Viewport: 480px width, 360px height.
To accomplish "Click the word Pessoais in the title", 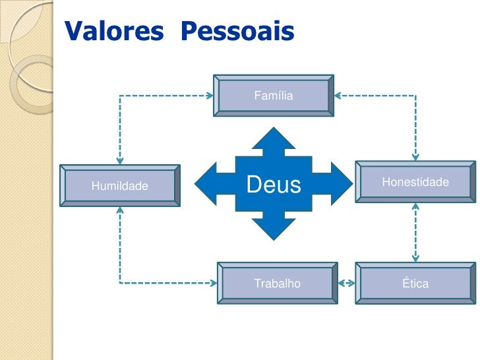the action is (x=237, y=30).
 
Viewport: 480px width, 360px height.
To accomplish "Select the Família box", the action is (x=273, y=96).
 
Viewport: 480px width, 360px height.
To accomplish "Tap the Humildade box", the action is (x=120, y=186).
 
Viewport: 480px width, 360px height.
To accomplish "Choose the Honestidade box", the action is (x=415, y=182).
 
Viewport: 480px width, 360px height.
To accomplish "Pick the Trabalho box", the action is (x=277, y=284).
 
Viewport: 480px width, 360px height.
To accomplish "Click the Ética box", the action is (x=415, y=284).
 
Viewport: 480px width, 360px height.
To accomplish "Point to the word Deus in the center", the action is (x=273, y=185).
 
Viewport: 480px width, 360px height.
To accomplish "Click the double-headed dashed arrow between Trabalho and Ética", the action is (x=347, y=284).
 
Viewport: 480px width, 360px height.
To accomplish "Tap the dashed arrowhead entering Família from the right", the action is (x=338, y=96).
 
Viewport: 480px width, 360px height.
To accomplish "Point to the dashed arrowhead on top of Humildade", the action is (x=120, y=160).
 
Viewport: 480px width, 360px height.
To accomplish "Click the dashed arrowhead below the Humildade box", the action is (x=120, y=211).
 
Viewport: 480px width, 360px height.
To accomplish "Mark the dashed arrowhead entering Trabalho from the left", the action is (x=214, y=284).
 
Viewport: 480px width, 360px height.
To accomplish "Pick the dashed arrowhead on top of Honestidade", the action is (x=415, y=157).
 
